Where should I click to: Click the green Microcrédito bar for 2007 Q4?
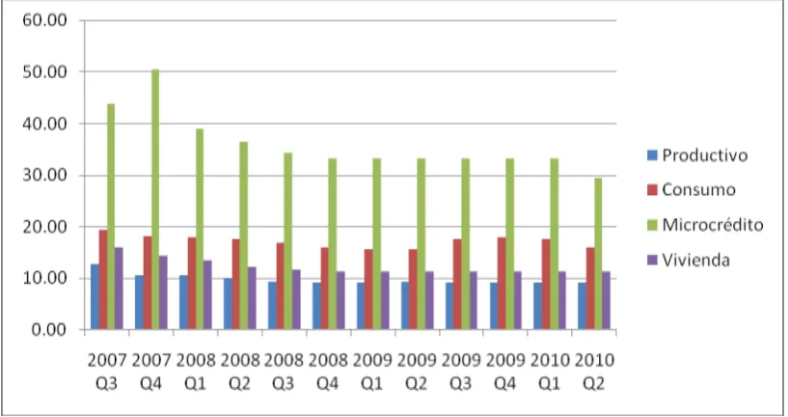tap(155, 199)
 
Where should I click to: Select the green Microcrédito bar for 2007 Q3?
tap(111, 217)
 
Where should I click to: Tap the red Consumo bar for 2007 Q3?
tap(103, 280)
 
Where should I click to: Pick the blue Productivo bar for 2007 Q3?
tap(95, 296)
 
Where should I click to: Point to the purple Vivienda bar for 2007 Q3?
tap(119, 289)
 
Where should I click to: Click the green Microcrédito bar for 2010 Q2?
tap(598, 254)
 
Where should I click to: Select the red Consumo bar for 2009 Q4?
tap(502, 284)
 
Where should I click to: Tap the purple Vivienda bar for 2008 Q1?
tap(207, 295)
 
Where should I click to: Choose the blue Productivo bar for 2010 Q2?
tap(582, 306)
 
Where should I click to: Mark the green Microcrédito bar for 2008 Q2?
tap(244, 236)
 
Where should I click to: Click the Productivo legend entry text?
tap(705, 155)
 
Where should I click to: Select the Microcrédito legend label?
tap(713, 224)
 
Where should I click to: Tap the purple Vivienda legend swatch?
tap(652, 260)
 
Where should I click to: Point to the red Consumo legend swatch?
tap(652, 190)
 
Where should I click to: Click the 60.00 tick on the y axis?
tap(44, 20)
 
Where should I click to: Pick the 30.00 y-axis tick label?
tap(44, 176)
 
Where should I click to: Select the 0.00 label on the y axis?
tap(49, 330)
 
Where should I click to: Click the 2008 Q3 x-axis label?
tap(284, 373)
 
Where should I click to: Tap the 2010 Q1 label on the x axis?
tap(550, 373)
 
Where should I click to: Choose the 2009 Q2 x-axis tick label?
tap(417, 373)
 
